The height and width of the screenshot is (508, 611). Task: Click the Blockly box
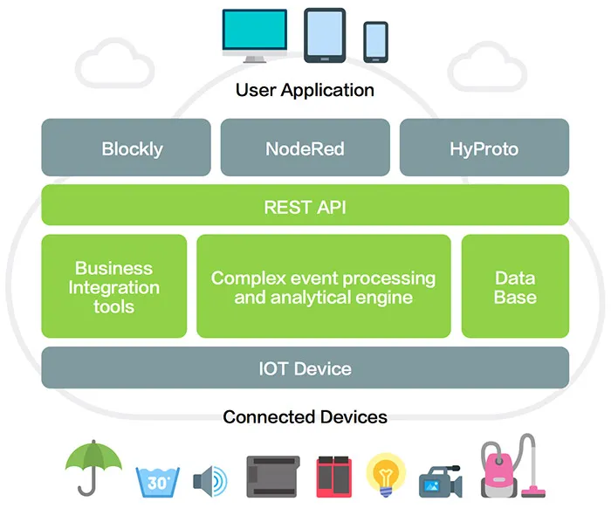coord(127,148)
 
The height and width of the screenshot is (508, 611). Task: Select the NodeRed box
coord(305,148)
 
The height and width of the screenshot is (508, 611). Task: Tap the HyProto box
coord(484,148)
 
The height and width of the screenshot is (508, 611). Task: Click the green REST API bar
coord(305,206)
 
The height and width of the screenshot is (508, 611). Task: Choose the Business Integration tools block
coord(114,286)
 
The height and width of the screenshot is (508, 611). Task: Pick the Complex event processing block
coord(323,286)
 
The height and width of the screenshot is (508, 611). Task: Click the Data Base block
coord(515,286)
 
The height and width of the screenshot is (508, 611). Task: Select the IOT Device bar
coord(305,367)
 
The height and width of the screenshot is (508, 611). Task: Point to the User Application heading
coord(305,90)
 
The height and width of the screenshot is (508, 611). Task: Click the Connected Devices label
coord(305,416)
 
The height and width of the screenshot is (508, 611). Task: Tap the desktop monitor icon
coord(254,35)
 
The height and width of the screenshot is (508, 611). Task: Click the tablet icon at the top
coord(325,35)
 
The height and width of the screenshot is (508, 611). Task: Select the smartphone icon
coord(376,41)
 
